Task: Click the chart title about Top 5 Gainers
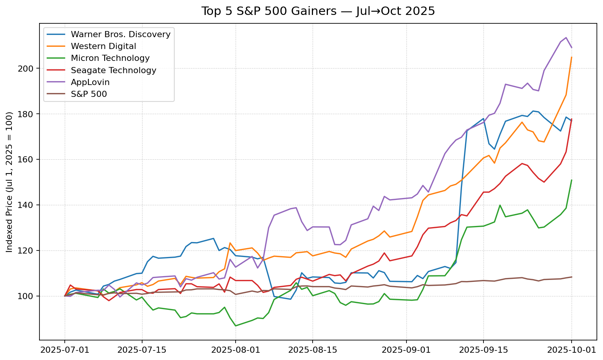[318, 11]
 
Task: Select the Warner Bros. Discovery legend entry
[120, 34]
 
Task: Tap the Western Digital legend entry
[103, 46]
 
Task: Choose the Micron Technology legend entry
[110, 58]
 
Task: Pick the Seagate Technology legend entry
[113, 70]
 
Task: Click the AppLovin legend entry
[90, 82]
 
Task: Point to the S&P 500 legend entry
[89, 94]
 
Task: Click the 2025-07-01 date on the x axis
[65, 350]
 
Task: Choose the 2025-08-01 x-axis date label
[236, 350]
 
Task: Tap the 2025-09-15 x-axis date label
[483, 350]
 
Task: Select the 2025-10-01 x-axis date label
[571, 350]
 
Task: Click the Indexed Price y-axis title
[10, 182]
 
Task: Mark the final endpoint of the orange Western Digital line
[572, 57]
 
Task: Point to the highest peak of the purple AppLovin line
[566, 38]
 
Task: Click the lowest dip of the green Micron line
[236, 326]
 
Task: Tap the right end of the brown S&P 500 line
[572, 277]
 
